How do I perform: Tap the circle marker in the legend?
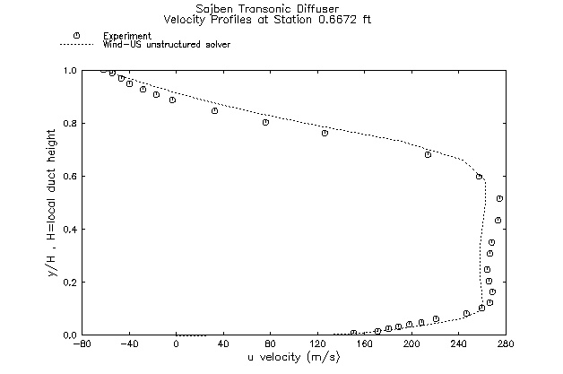[76, 35]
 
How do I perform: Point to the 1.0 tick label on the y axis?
[70, 70]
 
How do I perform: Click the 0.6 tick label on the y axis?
[70, 176]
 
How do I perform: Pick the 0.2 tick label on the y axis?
[70, 282]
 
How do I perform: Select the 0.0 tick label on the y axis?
[70, 335]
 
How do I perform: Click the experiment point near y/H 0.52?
[499, 198]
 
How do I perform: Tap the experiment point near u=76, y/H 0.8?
[265, 122]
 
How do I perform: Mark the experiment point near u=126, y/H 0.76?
[325, 133]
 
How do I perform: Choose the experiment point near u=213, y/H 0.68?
[428, 154]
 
